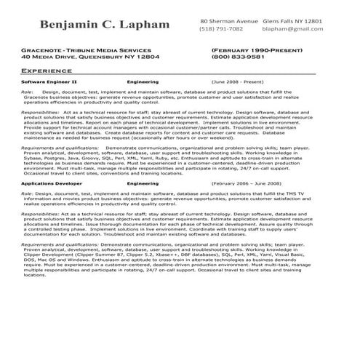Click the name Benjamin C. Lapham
(105, 26)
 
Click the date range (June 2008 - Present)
(238, 82)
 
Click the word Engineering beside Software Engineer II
(142, 82)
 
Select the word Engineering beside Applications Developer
(142, 185)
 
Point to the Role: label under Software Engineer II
(27, 93)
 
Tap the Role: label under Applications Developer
(27, 195)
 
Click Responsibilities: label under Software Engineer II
(41, 113)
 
